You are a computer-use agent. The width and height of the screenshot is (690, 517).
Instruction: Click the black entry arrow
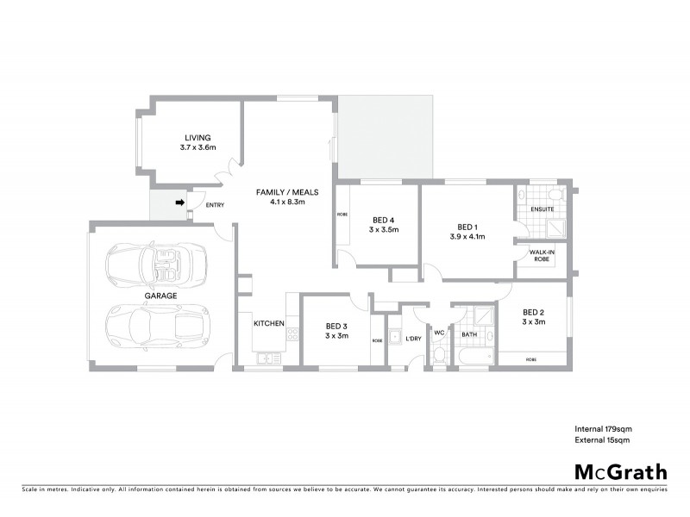[179, 203]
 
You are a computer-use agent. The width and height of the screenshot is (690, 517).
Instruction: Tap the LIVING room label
[198, 137]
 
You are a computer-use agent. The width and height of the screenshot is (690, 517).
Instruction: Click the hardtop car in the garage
[158, 325]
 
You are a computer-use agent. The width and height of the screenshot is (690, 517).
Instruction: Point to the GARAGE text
[160, 296]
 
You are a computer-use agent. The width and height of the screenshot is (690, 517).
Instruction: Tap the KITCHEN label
[268, 323]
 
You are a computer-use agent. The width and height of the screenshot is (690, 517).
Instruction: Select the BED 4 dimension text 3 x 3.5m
[383, 230]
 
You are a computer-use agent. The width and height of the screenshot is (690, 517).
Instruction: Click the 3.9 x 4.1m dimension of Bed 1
[467, 236]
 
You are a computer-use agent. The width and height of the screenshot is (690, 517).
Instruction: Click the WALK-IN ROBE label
[542, 255]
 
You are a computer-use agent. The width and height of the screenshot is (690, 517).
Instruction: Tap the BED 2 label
[533, 312]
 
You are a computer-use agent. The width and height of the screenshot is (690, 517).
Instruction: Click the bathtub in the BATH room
[475, 355]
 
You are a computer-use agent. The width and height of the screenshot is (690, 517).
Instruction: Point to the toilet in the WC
[438, 355]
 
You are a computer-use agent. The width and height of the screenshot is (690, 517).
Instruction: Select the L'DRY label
[413, 338]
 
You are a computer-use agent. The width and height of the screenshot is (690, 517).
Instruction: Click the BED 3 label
[336, 326]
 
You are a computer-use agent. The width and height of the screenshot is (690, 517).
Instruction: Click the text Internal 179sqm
[603, 428]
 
